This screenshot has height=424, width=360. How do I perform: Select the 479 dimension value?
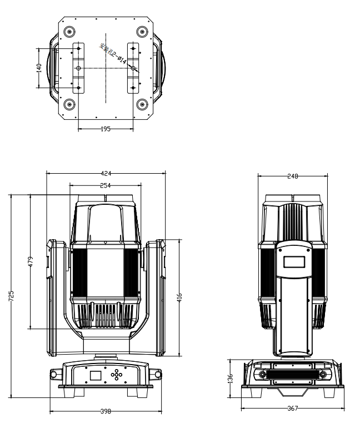click(31, 261)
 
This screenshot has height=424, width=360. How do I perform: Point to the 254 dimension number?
click(106, 185)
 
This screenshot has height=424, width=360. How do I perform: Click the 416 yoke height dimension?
click(179, 297)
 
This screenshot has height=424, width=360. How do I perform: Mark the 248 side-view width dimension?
click(293, 176)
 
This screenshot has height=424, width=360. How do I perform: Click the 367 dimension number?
click(293, 408)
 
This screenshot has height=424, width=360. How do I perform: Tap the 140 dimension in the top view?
click(39, 67)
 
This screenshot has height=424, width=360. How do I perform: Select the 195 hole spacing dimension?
click(106, 128)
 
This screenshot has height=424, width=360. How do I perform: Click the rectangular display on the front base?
click(96, 375)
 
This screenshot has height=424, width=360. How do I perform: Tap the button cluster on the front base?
click(117, 375)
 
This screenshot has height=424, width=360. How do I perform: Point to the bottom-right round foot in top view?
click(142, 104)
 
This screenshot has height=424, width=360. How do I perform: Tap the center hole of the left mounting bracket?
click(78, 68)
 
